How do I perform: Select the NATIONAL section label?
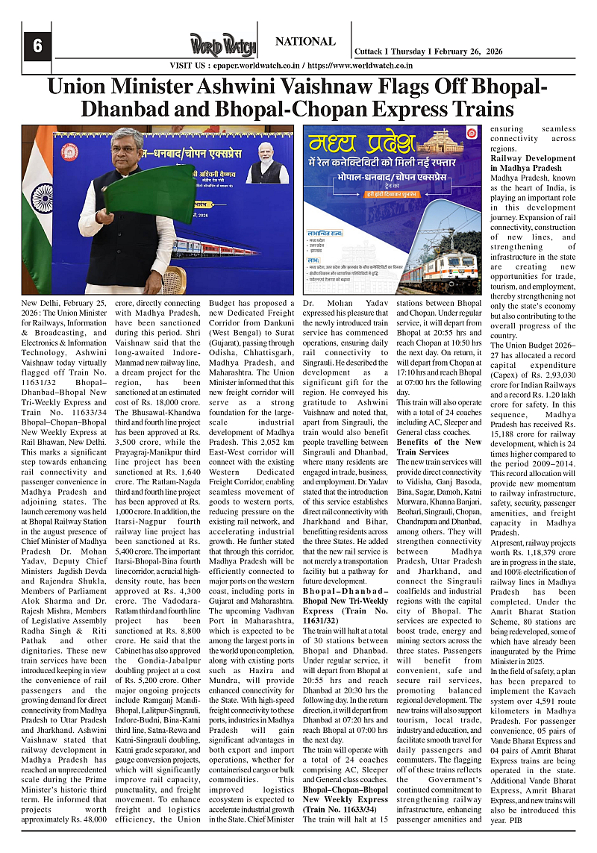[x=305, y=42]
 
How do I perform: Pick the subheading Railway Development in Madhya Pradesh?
[x=533, y=163]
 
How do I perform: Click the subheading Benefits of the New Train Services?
[x=438, y=446]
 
